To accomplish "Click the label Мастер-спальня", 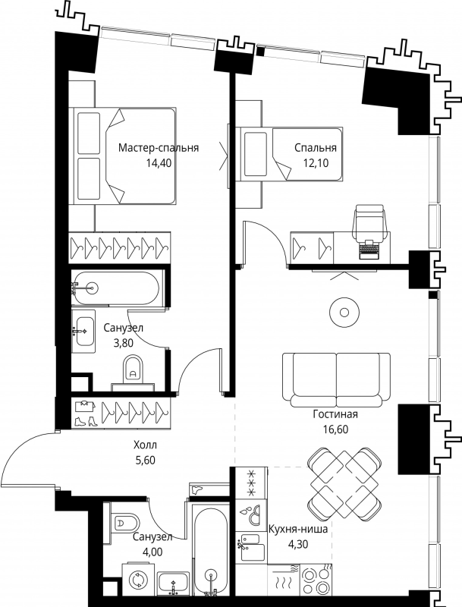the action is pos(159,148).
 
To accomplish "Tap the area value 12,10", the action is pos(316,163).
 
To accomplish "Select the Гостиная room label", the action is pos(335,414).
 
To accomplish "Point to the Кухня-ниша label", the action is pos(298,529).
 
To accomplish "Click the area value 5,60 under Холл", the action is pos(145,461).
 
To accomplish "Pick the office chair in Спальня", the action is pos(370,222).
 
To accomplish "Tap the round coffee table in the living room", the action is pos(344,312).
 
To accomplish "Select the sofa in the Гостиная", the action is pos(336,379).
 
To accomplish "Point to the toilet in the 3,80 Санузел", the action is pos(133,369).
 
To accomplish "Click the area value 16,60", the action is pos(335,429).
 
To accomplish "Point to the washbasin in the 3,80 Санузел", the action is pos(84,331).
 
